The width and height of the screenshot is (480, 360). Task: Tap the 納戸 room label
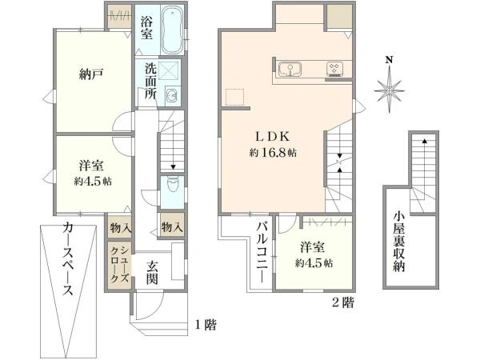click(x=91, y=74)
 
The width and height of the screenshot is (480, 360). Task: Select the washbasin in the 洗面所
click(x=171, y=96)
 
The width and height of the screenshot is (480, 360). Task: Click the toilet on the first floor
click(x=172, y=184)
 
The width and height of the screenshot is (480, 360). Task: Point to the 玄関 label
click(x=152, y=273)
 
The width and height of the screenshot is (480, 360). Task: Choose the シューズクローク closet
click(x=119, y=265)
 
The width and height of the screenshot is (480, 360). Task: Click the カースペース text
click(x=68, y=259)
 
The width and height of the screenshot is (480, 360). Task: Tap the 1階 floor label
click(x=206, y=325)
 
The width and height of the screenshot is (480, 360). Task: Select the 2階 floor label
click(x=343, y=302)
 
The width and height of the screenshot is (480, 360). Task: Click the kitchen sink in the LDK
click(x=290, y=69)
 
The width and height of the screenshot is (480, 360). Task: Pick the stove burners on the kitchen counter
click(x=334, y=69)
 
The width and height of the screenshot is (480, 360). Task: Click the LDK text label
click(x=273, y=137)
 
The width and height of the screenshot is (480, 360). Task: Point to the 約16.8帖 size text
click(x=273, y=153)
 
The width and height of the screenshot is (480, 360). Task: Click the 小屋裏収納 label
click(x=399, y=242)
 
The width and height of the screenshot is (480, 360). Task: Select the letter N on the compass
click(x=389, y=60)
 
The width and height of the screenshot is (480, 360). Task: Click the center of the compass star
click(x=389, y=91)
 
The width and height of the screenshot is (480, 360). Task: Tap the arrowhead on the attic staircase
click(x=424, y=141)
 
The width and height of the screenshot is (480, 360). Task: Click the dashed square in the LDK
click(x=234, y=97)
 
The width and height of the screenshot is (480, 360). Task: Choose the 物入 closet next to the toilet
click(x=172, y=226)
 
